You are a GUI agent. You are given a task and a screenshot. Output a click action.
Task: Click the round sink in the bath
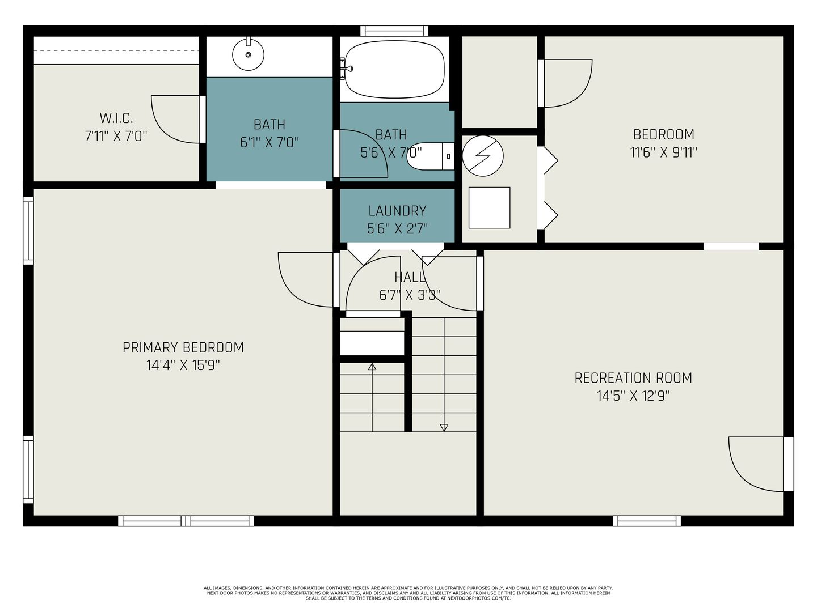coord(249,54)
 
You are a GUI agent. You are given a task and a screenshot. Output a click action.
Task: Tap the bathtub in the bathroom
coord(394,70)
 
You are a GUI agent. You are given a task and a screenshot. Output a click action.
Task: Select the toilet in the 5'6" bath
coord(431,156)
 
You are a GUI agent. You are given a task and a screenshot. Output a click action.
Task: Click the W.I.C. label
coord(116,118)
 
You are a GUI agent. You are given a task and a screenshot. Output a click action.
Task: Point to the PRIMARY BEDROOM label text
coord(183,347)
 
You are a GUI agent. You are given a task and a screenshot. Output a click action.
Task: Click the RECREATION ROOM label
coord(633,378)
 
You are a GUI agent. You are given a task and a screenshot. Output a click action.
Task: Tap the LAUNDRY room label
coord(397,211)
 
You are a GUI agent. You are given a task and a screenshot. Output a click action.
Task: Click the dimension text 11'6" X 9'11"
coord(664,152)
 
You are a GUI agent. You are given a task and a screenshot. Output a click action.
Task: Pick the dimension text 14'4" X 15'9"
coord(183,365)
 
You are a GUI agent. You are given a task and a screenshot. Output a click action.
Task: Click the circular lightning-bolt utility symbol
coord(483,156)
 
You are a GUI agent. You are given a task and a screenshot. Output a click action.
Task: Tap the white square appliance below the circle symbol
coord(489,208)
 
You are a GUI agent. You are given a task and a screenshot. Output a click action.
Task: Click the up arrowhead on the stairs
coord(372,367)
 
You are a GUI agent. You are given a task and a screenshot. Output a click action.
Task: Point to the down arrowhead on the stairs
coord(444,427)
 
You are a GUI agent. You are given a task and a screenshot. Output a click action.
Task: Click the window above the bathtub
coord(394,31)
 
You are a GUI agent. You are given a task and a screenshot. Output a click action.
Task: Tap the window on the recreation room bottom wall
coord(647,521)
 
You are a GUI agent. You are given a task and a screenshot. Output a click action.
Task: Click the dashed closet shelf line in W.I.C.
coord(116,50)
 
